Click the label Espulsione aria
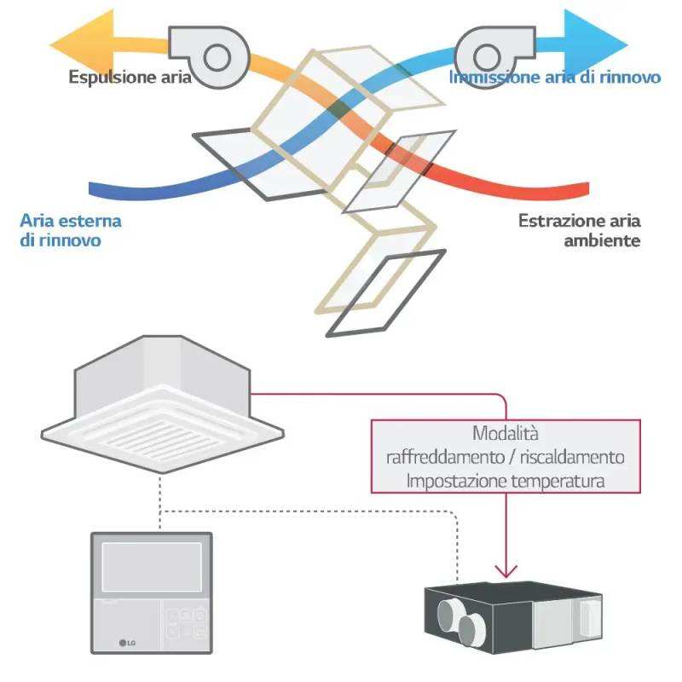pos(130,78)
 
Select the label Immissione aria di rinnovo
pos(555,78)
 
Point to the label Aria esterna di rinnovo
pos(71,230)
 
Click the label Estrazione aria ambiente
pos(579,230)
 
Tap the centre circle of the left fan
pos(217,57)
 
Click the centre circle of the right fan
pos(487,57)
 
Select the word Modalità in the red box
pos(506,433)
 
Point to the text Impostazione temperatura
pos(506,481)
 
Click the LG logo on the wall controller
pos(127,643)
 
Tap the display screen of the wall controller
pos(152,567)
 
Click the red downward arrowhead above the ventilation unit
pos(506,571)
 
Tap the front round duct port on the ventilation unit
pos(471,631)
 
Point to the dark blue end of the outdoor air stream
pos(100,189)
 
